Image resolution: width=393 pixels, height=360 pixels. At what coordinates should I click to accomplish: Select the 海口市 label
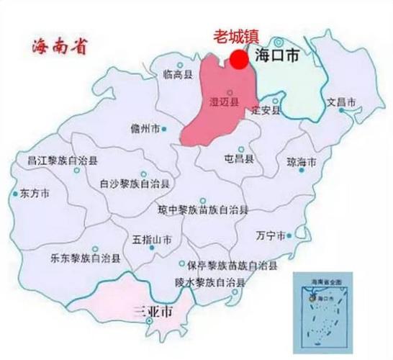coord(279,55)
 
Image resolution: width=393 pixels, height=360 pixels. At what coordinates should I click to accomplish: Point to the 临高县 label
coord(178,73)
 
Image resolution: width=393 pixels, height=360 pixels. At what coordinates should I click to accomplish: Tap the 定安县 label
coord(264,110)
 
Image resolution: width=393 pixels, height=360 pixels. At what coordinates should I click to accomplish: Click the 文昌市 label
coord(341,102)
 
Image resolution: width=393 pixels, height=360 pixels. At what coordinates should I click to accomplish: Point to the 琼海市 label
coord(302,162)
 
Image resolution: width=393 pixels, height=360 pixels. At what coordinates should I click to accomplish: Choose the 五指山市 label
coord(153,238)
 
